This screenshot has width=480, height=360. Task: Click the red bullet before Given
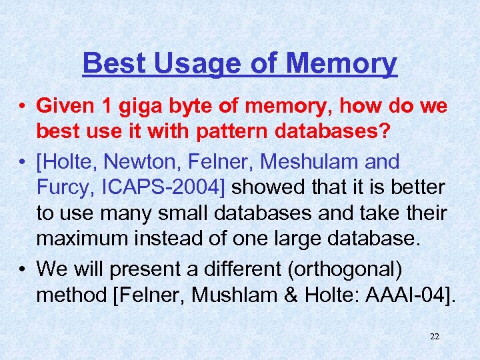point(23,107)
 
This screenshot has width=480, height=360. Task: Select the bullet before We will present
point(23,269)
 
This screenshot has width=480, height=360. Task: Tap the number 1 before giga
point(111,106)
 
